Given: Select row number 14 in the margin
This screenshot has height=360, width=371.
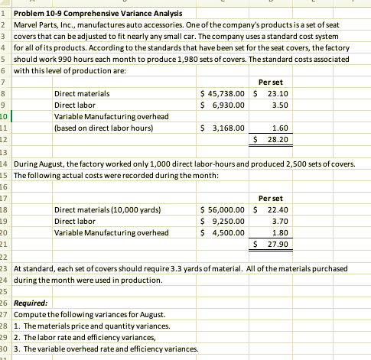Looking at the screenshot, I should coord(5,164).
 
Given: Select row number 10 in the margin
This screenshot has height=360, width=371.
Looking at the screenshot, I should coord(5,116).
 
